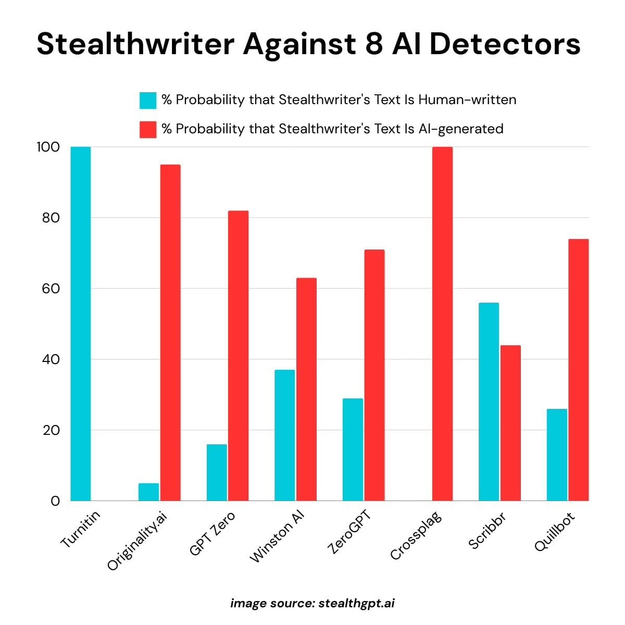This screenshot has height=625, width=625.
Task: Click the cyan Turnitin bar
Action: (x=80, y=323)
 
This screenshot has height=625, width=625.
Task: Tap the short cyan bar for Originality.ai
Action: (x=148, y=492)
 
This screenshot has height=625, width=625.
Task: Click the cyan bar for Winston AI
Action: (x=284, y=435)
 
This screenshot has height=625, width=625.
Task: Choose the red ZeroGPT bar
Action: (x=374, y=375)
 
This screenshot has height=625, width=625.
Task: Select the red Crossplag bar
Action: (x=442, y=323)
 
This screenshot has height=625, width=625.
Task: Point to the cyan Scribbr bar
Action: (x=488, y=401)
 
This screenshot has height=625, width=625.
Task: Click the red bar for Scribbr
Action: (x=510, y=422)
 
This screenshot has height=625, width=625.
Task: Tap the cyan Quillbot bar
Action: (x=557, y=455)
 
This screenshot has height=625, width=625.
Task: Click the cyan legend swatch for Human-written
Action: (x=148, y=100)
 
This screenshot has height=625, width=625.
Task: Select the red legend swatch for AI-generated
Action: (x=148, y=129)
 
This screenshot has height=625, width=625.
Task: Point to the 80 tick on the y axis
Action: (x=51, y=218)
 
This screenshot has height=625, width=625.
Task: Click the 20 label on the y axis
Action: (x=51, y=430)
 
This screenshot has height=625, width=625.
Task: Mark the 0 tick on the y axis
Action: (x=55, y=501)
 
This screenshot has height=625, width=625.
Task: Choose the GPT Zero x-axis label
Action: (x=212, y=533)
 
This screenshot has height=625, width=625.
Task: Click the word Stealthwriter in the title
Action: (x=135, y=44)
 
